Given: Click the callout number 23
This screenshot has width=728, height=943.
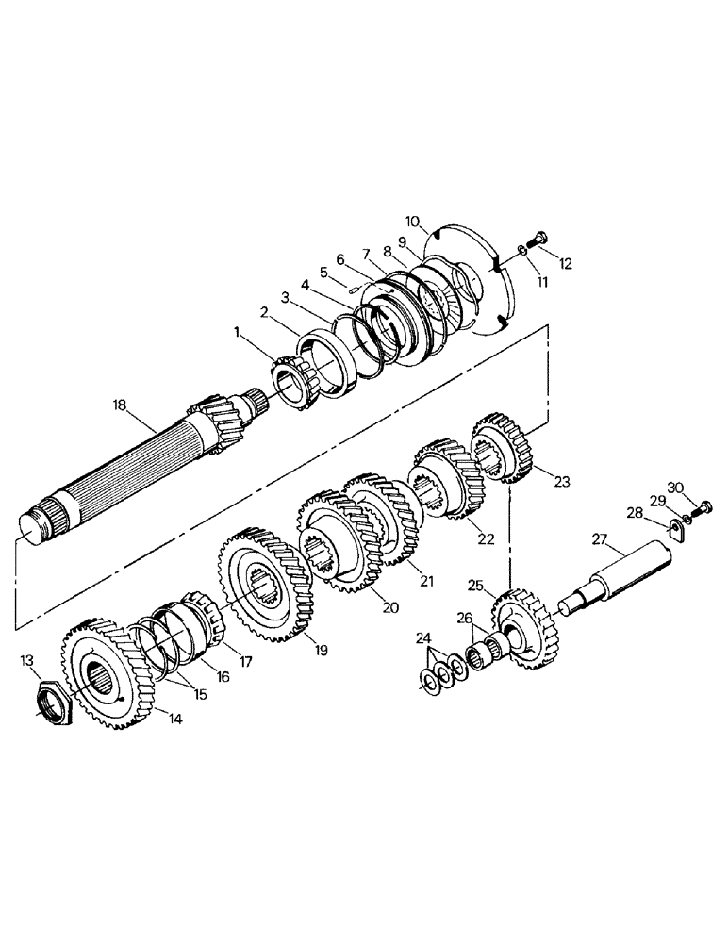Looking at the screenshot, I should click(x=562, y=482).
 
